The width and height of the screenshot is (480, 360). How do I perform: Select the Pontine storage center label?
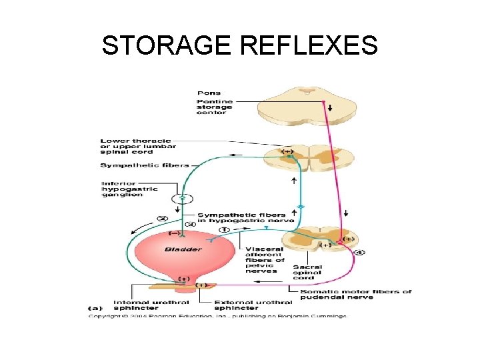(214, 106)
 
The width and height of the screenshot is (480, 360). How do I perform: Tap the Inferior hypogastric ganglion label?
(129, 190)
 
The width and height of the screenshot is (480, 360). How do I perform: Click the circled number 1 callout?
(225, 230)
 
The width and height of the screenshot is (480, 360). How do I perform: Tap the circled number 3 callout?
(191, 224)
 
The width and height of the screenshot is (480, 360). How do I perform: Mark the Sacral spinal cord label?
(307, 273)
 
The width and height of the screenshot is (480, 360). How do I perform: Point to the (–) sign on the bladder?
(174, 233)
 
